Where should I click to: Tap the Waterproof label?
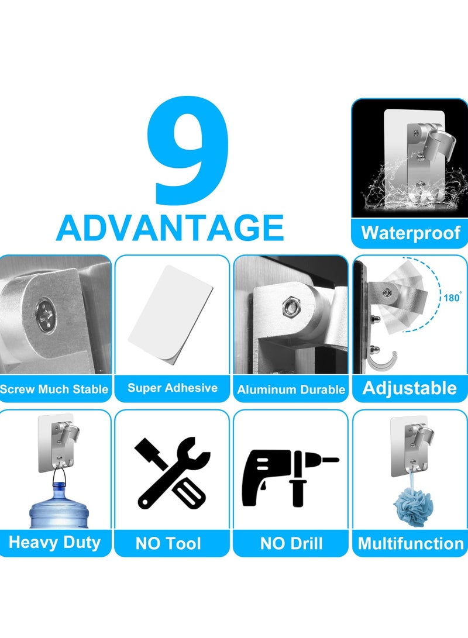(410, 233)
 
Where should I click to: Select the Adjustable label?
(409, 388)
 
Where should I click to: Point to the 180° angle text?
(452, 297)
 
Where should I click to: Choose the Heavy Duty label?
(54, 542)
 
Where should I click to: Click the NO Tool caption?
(168, 544)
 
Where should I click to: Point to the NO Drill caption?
(291, 544)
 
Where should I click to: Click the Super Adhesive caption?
(172, 388)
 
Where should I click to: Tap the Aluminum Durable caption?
(291, 389)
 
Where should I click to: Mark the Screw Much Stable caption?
(54, 389)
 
